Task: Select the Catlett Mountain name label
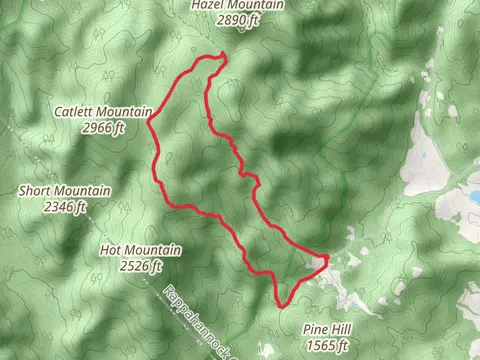tap(103, 112)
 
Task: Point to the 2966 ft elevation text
tap(104, 127)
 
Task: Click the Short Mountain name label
tap(66, 190)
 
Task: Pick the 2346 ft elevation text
tap(66, 206)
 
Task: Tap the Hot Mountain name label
tap(141, 250)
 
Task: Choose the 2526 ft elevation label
tap(141, 266)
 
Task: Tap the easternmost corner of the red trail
tap(327, 259)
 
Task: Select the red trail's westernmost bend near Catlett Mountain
tap(149, 124)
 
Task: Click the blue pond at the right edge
tap(466, 198)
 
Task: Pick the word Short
tap(36, 190)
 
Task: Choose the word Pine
tap(314, 329)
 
